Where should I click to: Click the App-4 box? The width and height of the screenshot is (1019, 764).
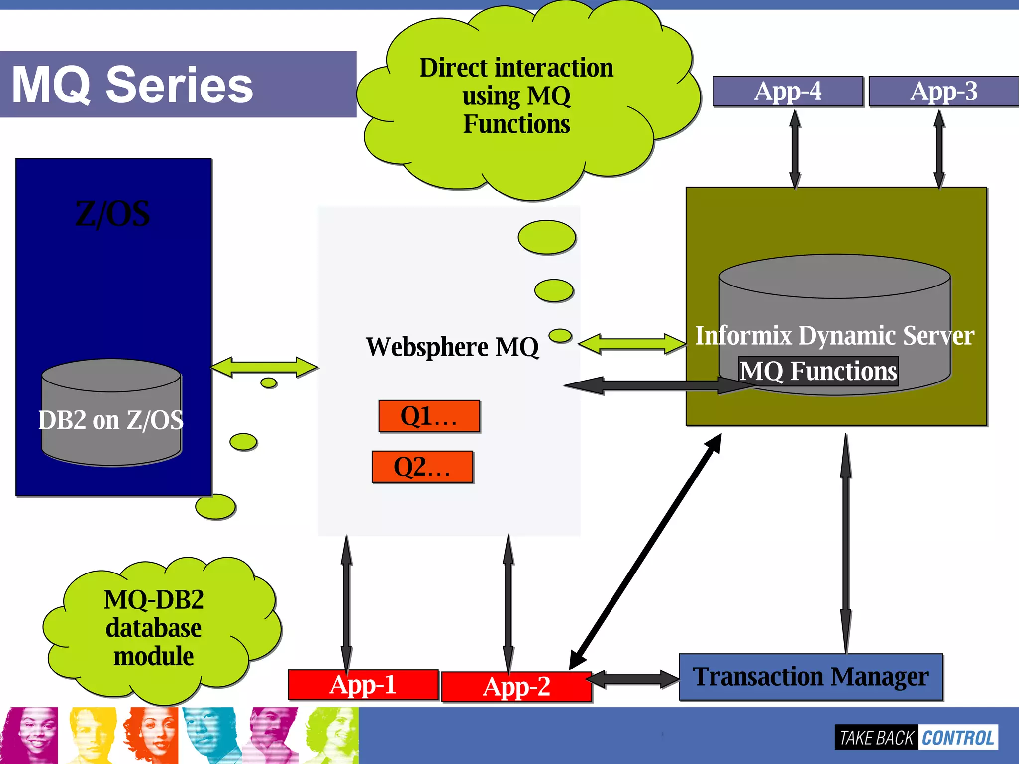(788, 92)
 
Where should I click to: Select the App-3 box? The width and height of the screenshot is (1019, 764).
(943, 92)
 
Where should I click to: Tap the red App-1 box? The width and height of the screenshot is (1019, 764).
(363, 685)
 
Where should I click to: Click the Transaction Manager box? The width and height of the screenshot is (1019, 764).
(811, 677)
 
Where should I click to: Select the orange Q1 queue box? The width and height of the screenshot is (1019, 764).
(429, 416)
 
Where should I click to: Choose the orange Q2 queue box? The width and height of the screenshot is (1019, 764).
(422, 467)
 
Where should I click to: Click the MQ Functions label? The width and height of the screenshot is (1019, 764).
(818, 371)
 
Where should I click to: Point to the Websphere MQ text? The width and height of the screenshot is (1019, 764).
(452, 347)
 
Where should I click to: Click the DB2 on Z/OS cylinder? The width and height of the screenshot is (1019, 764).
(111, 413)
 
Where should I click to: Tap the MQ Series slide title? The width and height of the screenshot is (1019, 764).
(132, 85)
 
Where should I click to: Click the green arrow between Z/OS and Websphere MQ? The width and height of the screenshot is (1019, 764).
(264, 367)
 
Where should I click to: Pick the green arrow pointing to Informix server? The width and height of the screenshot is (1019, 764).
(632, 344)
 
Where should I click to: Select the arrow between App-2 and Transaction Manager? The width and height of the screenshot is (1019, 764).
(634, 679)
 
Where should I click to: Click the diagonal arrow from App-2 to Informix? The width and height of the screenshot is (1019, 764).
(645, 552)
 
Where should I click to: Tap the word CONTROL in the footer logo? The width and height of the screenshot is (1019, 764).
(957, 738)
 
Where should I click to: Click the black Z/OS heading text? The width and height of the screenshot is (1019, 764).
(112, 214)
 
